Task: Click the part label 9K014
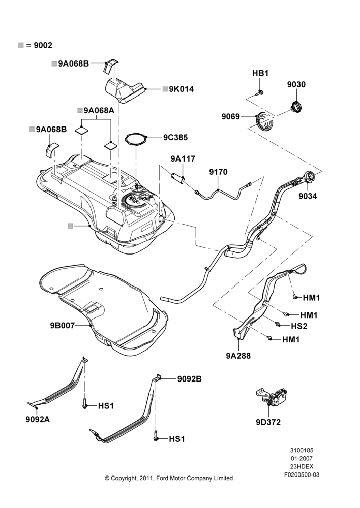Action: tap(182, 89)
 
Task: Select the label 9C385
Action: tap(175, 137)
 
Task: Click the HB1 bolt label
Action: tap(260, 73)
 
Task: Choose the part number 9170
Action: tap(218, 172)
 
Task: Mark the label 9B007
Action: tap(62, 325)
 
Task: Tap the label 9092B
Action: tap(189, 379)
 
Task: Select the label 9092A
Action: tap(38, 419)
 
